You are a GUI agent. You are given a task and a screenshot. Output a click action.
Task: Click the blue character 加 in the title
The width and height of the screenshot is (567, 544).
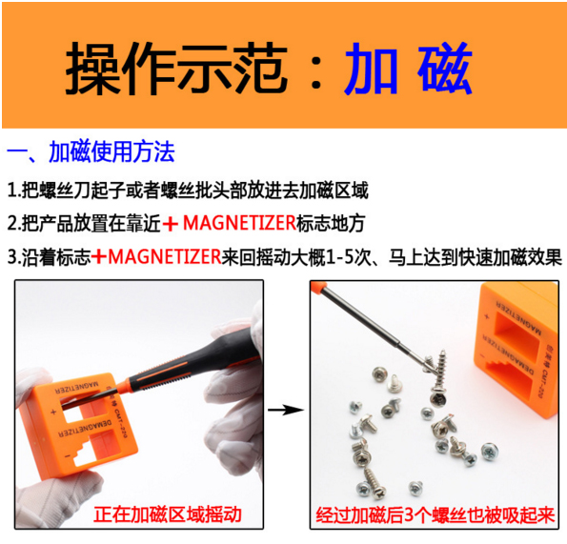click(372, 69)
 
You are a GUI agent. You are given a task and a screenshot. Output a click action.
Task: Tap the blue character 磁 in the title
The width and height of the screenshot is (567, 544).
click(445, 69)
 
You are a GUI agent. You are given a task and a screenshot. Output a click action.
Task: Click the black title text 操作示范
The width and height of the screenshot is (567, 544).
click(176, 69)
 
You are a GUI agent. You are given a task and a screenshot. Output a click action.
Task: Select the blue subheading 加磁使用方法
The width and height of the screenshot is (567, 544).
click(111, 151)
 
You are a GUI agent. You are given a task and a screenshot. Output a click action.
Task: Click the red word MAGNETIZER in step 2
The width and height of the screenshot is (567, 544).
click(239, 223)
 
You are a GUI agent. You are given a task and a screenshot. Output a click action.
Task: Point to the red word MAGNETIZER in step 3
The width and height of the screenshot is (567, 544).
click(165, 257)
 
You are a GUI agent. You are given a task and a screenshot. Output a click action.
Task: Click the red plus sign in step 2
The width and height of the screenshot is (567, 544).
click(171, 224)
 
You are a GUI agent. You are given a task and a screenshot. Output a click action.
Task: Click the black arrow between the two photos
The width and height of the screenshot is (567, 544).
click(286, 410)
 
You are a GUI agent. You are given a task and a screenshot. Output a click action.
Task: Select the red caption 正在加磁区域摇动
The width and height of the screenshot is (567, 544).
click(168, 514)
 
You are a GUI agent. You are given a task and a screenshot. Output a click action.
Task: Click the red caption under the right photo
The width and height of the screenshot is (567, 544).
click(435, 515)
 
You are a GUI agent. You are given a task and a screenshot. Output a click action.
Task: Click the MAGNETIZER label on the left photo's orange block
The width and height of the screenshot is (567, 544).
click(76, 388)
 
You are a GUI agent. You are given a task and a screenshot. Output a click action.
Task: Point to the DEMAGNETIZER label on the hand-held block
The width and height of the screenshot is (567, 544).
click(86, 429)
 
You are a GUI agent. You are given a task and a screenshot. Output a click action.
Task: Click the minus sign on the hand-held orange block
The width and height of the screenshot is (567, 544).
click(67, 457)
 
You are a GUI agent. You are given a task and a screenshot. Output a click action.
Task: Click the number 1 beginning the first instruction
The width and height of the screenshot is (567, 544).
click(12, 191)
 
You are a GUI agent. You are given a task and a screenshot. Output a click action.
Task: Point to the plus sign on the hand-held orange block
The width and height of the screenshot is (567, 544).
click(53, 412)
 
